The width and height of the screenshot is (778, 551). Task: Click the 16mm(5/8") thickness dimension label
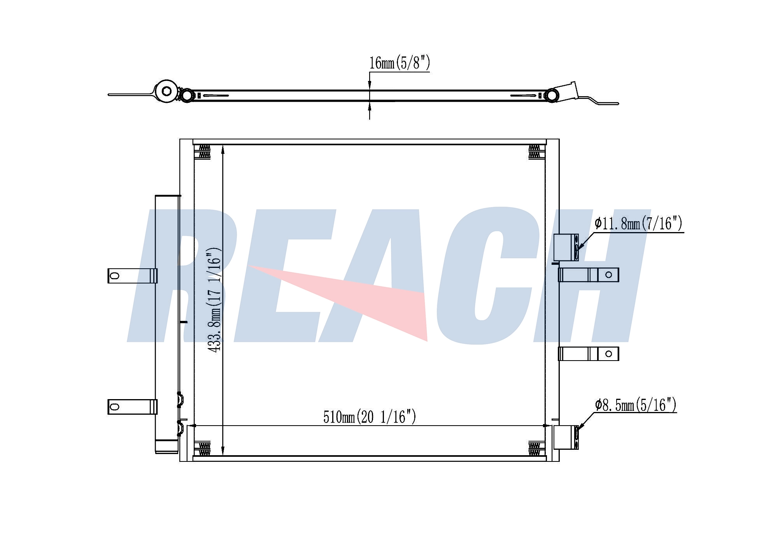(400, 63)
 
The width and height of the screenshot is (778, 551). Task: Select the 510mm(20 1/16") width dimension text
(370, 417)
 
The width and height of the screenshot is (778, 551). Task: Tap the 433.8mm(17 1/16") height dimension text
(214, 299)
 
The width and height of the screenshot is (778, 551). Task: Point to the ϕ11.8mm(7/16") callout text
(638, 224)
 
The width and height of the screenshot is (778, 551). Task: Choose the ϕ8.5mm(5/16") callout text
(636, 405)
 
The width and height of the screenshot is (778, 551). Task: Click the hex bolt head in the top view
(167, 92)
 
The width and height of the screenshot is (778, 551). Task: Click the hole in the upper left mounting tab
(114, 276)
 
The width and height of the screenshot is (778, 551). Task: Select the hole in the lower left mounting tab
(114, 407)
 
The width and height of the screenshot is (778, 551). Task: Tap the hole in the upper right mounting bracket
(609, 275)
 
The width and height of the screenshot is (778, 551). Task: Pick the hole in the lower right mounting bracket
(609, 354)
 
